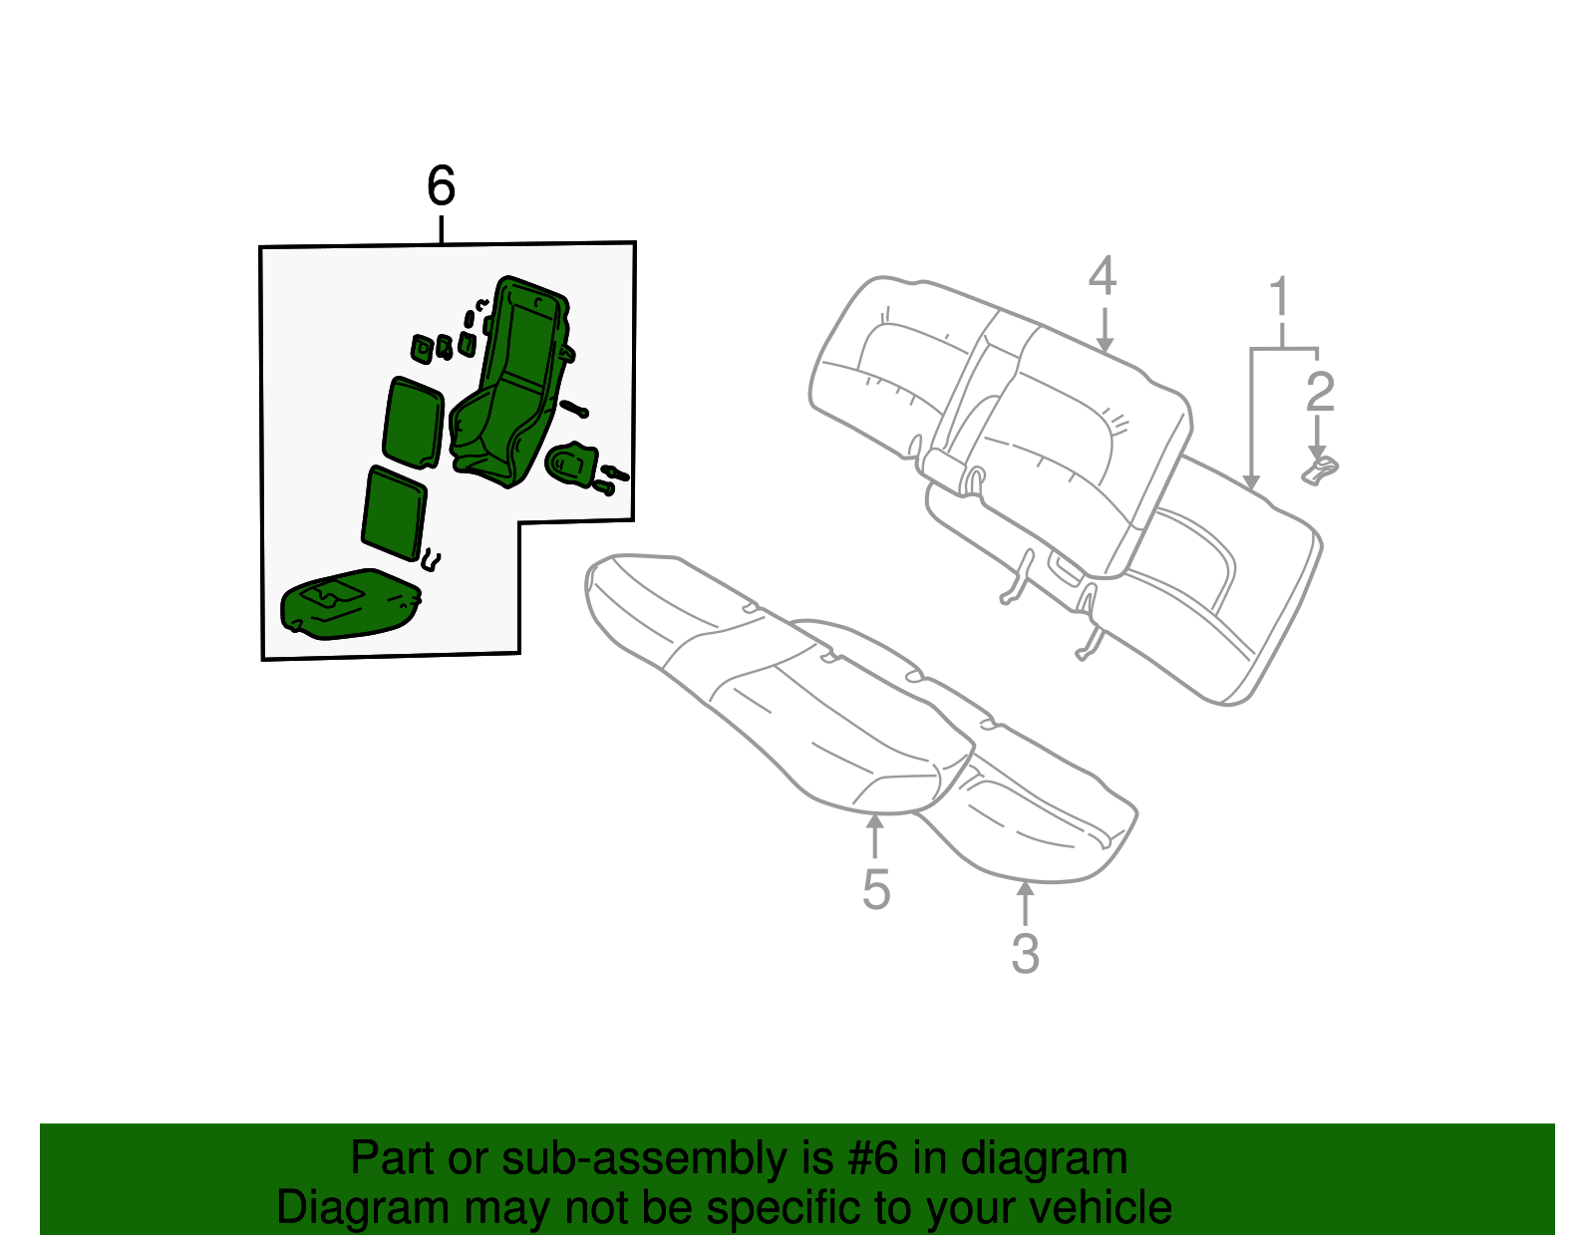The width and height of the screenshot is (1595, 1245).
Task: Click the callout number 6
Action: coord(441,186)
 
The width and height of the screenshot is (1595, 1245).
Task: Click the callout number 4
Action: coord(1102,276)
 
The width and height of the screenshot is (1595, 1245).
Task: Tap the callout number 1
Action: coord(1279,299)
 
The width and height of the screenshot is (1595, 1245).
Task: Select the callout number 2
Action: coord(1319,392)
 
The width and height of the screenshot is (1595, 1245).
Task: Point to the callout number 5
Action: coord(875,889)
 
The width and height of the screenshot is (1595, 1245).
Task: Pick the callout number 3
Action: coord(1025,953)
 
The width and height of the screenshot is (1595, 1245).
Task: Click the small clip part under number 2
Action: coord(1321,468)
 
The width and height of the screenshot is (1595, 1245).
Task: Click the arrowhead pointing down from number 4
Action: coord(1104,344)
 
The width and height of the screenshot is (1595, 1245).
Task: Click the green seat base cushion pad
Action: coord(349,603)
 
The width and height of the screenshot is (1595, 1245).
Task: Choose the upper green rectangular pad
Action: coord(412,423)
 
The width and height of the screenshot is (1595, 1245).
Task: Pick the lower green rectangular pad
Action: coord(395,512)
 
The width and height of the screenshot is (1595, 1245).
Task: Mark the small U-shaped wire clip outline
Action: coord(432,560)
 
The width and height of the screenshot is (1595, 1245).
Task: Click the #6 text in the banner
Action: coord(871,1159)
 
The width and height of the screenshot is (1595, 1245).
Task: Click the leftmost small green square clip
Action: coord(422,347)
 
